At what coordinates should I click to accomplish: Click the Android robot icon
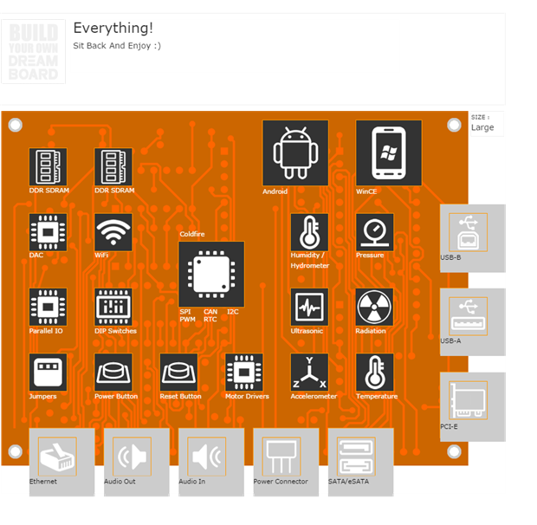pos(295,152)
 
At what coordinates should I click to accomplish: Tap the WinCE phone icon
pos(389,152)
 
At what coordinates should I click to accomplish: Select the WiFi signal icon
pos(113,232)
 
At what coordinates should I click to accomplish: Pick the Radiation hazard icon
pos(374,307)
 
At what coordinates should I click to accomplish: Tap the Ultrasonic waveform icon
pos(309,307)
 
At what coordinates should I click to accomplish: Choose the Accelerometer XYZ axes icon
pos(309,372)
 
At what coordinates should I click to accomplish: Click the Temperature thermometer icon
pos(374,372)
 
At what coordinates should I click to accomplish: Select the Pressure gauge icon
pos(374,232)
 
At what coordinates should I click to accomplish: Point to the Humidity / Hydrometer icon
pos(309,232)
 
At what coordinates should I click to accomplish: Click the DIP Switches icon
pos(113,307)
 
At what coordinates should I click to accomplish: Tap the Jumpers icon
pos(48,372)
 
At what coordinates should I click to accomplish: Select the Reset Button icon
pos(179,372)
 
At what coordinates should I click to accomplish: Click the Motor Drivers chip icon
pos(244,372)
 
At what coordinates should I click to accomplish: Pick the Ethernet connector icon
pos(57,456)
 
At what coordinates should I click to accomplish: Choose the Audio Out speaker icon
pos(132,456)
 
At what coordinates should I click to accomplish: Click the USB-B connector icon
pos(468,232)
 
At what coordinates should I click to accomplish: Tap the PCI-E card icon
pos(468,400)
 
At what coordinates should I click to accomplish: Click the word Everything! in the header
pos(113,29)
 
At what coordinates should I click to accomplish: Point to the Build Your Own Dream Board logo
pos(33,52)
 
